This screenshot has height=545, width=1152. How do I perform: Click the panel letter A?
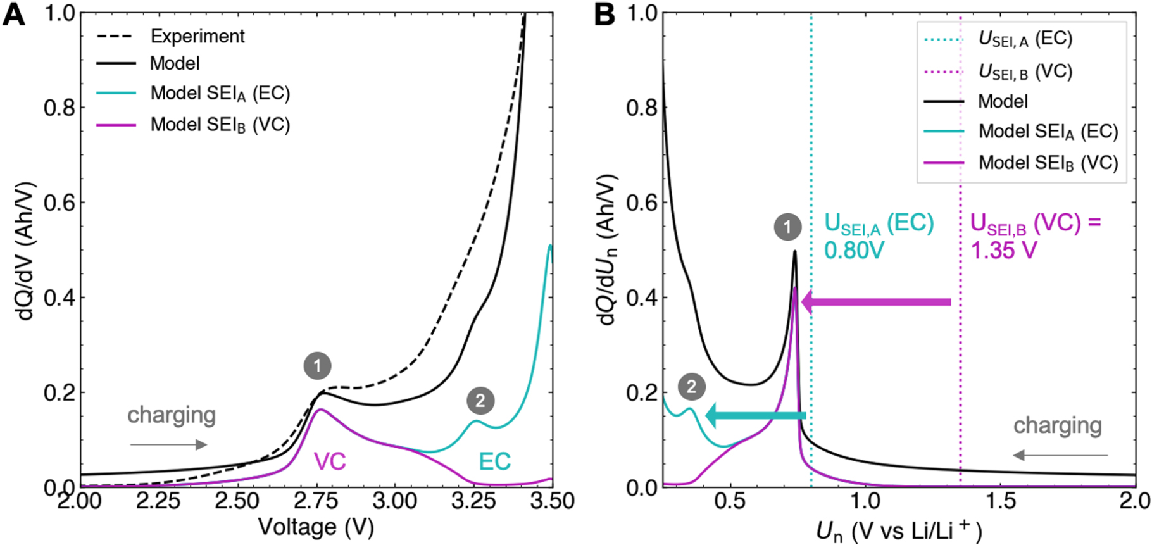coord(14,14)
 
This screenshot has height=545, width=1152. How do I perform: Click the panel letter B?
coord(604,14)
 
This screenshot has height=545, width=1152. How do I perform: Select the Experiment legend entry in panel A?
coord(197,36)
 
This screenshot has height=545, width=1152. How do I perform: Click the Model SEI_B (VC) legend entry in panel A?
coord(220,125)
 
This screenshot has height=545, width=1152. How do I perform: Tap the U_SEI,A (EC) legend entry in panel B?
coord(1025,39)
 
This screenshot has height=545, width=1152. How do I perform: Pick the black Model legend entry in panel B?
coord(1003,101)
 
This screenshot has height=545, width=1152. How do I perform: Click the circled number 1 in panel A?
coord(317,366)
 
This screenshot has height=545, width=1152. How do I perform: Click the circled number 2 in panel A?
coord(480,400)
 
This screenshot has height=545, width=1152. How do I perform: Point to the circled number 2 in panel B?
coord(691,387)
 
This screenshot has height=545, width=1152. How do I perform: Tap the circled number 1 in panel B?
coord(787,227)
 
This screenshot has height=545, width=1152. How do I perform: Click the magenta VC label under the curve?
coord(330,461)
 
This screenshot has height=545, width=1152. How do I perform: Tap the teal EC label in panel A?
coord(494,461)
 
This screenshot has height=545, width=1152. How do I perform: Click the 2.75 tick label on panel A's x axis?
coord(316,501)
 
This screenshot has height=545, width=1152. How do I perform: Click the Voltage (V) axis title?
coord(316,527)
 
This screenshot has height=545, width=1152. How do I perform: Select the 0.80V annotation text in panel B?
coord(854,251)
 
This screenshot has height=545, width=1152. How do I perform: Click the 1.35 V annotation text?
coord(1003,251)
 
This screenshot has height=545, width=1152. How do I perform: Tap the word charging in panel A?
coord(172,415)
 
